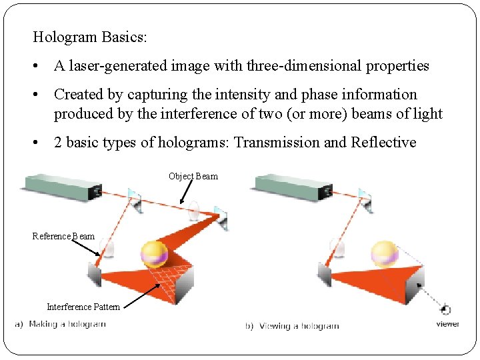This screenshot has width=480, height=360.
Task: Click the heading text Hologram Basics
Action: [89, 37]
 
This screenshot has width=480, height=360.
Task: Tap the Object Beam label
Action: [193, 176]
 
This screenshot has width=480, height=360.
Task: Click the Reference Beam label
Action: [63, 236]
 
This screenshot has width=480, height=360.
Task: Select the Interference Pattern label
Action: [83, 307]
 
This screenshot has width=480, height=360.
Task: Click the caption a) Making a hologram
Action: [61, 325]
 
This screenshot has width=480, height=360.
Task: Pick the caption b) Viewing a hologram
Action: [293, 326]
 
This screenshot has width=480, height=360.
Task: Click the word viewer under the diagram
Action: [448, 325]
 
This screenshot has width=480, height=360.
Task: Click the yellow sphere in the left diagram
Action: [154, 253]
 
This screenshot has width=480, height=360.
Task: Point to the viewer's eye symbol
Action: [446, 310]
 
